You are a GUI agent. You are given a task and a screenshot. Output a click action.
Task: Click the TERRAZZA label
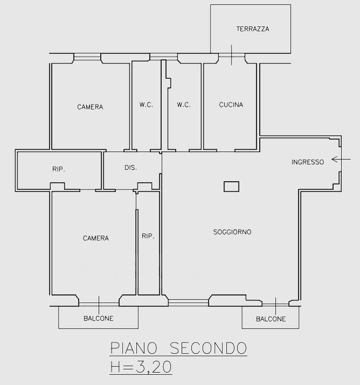[x=253, y=29]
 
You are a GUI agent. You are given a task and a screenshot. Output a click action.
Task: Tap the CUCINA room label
[x=231, y=105]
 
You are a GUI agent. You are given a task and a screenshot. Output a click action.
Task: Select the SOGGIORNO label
[x=232, y=232]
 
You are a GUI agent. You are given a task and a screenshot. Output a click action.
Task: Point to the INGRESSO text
[x=308, y=162]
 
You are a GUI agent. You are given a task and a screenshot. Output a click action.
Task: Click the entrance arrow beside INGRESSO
[x=341, y=160]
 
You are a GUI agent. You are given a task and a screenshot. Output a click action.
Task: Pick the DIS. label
[x=130, y=168]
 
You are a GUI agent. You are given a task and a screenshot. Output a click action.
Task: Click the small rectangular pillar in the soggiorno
[x=231, y=187]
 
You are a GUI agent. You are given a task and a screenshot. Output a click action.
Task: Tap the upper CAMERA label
[x=90, y=107]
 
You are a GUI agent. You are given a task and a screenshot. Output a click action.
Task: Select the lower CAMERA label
[x=96, y=238]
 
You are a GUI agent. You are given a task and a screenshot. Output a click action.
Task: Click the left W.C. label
[x=146, y=105]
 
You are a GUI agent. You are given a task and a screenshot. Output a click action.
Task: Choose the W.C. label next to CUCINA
[x=184, y=105]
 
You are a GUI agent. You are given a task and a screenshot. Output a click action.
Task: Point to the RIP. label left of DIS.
[x=59, y=169]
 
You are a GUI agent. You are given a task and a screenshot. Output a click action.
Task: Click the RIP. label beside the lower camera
[x=148, y=236]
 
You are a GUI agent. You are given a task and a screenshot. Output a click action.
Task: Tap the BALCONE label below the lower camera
[x=99, y=319]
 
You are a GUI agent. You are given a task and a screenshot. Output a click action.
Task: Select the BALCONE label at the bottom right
[x=271, y=319]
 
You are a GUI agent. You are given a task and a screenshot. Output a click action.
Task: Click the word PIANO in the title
[x=134, y=348]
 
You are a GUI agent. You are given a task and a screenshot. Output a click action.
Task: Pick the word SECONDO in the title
[x=209, y=348]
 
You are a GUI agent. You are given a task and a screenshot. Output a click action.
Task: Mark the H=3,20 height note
[x=141, y=367]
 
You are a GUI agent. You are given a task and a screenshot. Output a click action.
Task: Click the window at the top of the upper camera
[x=87, y=57]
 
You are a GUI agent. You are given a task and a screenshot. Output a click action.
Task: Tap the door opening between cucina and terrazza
[x=232, y=57]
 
